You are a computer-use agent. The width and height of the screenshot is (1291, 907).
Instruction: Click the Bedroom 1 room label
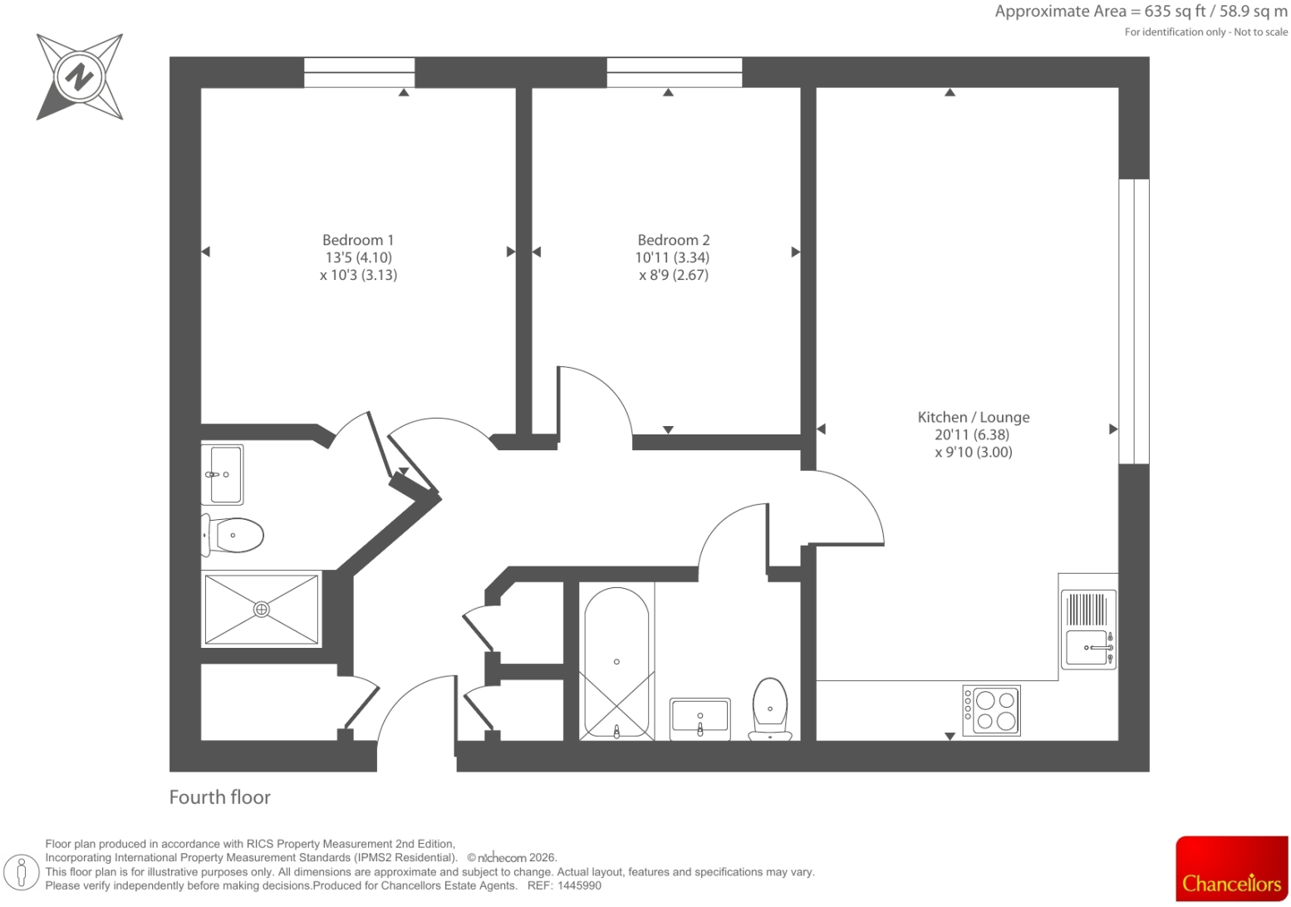358,240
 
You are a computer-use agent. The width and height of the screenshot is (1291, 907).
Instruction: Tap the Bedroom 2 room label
673,240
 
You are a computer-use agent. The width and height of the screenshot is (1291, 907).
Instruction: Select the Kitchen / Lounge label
974,417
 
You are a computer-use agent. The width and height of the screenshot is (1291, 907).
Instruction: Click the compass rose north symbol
80,76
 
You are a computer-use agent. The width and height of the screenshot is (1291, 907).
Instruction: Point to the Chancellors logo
1232,869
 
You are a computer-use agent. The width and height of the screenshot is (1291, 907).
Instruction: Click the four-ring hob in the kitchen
991,710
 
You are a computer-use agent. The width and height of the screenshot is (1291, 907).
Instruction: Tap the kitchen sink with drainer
1088,630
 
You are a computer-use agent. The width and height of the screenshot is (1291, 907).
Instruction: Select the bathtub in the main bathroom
616,663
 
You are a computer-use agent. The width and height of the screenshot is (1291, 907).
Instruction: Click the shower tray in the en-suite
261,609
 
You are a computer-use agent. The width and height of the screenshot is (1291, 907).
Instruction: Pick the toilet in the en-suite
233,535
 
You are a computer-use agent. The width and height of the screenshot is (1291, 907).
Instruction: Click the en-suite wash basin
223,475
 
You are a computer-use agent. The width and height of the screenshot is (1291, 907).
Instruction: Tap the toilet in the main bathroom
770,708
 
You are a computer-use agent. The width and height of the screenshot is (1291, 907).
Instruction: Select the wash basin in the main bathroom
699,718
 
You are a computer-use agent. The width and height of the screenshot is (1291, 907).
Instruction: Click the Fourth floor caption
219,797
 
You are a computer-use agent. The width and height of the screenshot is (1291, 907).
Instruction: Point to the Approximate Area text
1141,12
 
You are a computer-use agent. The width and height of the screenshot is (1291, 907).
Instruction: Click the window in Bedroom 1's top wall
359,72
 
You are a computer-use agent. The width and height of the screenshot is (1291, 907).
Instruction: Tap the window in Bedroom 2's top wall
675,72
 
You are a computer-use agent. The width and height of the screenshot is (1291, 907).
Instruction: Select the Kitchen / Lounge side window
1134,321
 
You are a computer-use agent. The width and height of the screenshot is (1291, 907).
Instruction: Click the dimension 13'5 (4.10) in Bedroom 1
359,257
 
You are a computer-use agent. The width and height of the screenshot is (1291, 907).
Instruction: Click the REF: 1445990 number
564,885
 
